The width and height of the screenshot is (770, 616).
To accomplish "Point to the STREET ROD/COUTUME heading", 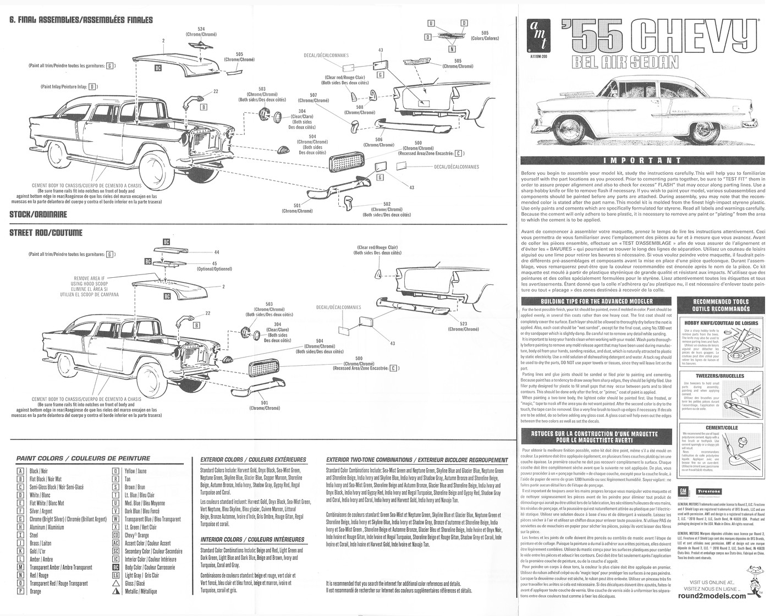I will pyautogui.click(x=46, y=233).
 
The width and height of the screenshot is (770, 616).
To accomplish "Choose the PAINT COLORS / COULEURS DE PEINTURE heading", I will pyautogui.click(x=83, y=458).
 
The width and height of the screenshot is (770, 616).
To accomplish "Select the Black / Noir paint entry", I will pyautogui.click(x=38, y=471).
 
